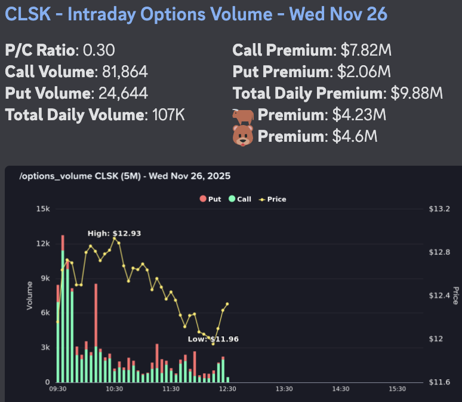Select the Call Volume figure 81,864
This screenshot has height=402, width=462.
coord(122,72)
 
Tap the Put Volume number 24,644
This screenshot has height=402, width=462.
coord(119,93)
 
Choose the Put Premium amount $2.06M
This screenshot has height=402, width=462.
coord(362,72)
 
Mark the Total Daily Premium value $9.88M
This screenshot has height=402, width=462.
coord(417,93)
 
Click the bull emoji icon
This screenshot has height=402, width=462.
coord(243,115)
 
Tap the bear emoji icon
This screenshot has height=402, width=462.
coord(243,136)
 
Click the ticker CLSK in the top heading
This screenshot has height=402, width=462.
coord(27,14)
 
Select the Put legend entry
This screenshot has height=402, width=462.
coord(210,199)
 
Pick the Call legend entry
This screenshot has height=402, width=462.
coord(240,199)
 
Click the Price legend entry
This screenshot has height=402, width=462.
coord(272,199)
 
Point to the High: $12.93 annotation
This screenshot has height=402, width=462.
coord(114,233)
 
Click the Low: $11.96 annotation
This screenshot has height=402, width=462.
coord(213,339)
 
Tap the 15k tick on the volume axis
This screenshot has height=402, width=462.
coord(44,209)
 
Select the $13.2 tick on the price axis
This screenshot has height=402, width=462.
coord(439,209)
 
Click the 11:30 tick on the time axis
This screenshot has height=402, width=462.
coord(171,389)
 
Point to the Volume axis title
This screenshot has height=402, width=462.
coord(29,296)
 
